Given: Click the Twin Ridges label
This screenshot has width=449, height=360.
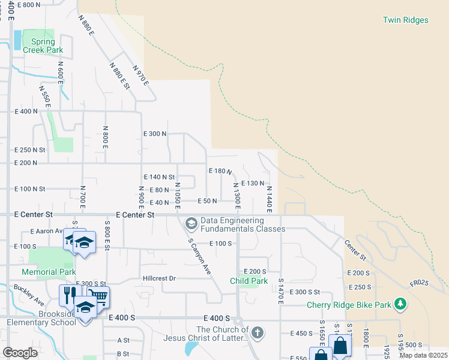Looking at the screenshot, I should coord(406,20).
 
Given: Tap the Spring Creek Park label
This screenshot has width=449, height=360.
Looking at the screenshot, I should coord(43,47).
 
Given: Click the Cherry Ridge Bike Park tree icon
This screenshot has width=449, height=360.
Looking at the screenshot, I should coord(400,304).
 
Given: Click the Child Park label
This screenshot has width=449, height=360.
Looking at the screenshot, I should coord(249,281).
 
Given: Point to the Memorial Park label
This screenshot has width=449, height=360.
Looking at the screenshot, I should coord(51,272).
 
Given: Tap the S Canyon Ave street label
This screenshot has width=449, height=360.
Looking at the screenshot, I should coord(200,256).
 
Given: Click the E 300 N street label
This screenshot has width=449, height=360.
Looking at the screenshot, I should coord(154,134).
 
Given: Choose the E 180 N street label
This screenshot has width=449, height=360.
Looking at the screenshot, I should coord(220,171).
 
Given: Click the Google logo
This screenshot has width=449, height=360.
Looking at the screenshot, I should coord(20,353).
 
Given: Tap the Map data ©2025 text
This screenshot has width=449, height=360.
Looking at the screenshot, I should coord(423,355).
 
